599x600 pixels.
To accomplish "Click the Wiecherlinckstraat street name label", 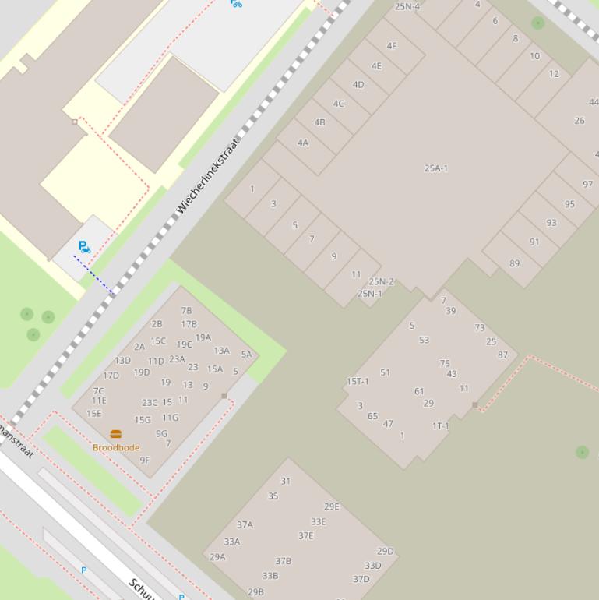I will click(x=208, y=176).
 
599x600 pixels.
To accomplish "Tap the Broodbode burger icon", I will click(x=116, y=434).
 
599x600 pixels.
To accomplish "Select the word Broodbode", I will click(x=116, y=448).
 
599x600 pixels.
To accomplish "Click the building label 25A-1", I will click(x=436, y=168).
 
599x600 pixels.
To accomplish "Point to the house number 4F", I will click(x=392, y=46).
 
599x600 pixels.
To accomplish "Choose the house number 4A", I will click(x=303, y=143).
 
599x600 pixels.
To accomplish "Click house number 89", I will click(x=514, y=263).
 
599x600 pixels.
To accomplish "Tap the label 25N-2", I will click(x=381, y=281).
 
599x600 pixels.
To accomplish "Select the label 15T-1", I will click(x=358, y=382).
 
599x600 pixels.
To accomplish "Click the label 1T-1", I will click(x=440, y=426).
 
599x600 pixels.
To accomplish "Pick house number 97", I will click(x=587, y=185).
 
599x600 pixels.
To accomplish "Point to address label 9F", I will click(x=145, y=461).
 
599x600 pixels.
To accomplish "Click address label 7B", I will click(x=186, y=311).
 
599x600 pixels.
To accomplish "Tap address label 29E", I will click(x=332, y=506).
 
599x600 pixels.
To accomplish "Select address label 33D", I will click(x=373, y=566).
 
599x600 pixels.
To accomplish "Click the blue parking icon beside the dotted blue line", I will click(x=84, y=247).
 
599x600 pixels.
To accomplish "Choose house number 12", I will click(x=554, y=74).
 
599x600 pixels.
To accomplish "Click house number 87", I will click(x=502, y=355).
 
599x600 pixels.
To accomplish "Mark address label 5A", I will click(x=246, y=355).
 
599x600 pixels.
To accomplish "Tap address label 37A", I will click(x=245, y=525).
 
